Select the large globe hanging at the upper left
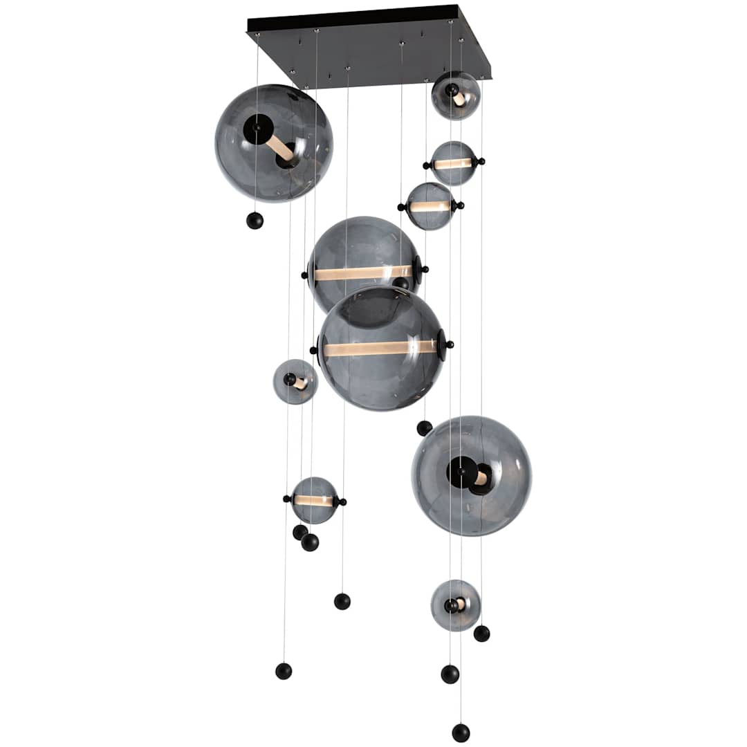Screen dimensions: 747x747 click(x=274, y=143)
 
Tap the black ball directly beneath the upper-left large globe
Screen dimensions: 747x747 click(x=255, y=221)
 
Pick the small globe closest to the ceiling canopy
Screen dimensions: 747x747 click(x=456, y=95)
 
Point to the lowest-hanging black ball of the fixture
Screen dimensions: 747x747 click(x=461, y=732)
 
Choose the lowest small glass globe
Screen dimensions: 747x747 click(x=455, y=605)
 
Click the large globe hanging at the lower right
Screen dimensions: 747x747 click(x=472, y=476)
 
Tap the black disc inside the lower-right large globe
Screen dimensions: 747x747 click(x=462, y=472)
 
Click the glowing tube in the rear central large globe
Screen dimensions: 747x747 click(x=362, y=273)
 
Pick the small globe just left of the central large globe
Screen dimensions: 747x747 click(x=295, y=382)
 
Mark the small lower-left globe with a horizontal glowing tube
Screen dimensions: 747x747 click(x=314, y=500)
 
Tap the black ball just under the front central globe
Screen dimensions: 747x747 click(x=424, y=428)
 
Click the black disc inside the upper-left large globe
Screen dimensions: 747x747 click(x=258, y=129)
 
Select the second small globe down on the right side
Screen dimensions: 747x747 click(x=453, y=163)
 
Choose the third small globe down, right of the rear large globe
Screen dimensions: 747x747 click(x=430, y=206)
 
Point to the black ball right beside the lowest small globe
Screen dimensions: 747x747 click(x=481, y=634)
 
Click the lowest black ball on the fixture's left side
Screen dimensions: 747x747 click(x=284, y=671)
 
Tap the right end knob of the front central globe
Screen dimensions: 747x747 click(x=450, y=344)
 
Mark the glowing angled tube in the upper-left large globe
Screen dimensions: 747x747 click(x=279, y=147)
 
